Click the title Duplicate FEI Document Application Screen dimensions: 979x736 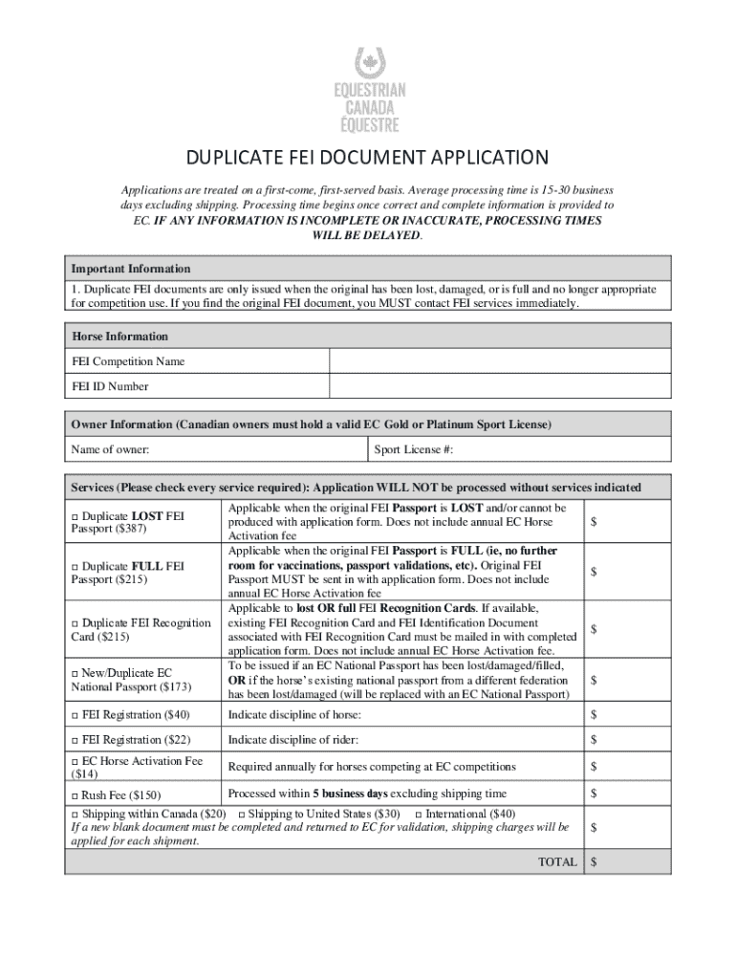click(367, 157)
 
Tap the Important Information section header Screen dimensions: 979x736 click(132, 269)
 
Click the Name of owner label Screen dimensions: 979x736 click(110, 449)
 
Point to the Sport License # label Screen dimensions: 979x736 click(413, 449)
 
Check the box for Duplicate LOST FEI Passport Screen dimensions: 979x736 click(76, 516)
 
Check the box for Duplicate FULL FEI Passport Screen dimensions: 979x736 click(76, 566)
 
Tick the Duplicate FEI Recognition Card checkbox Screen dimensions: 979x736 click(76, 623)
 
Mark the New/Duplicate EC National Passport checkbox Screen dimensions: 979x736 click(76, 673)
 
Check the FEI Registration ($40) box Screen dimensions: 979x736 click(76, 715)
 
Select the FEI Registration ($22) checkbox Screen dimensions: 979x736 click(76, 740)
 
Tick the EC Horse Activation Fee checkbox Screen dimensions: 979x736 click(76, 761)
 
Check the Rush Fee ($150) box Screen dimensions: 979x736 click(76, 795)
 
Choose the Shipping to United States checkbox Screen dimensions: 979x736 click(241, 814)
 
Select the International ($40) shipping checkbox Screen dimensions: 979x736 click(419, 814)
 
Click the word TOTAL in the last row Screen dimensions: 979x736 click(557, 861)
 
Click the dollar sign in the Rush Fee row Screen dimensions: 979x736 click(594, 794)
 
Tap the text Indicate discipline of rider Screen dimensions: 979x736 click(293, 740)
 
